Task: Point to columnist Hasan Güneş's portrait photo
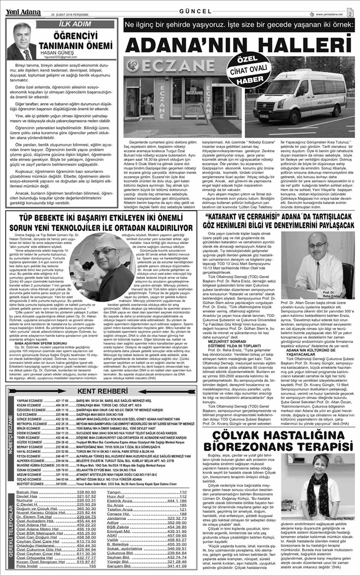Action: (x=22, y=41)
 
